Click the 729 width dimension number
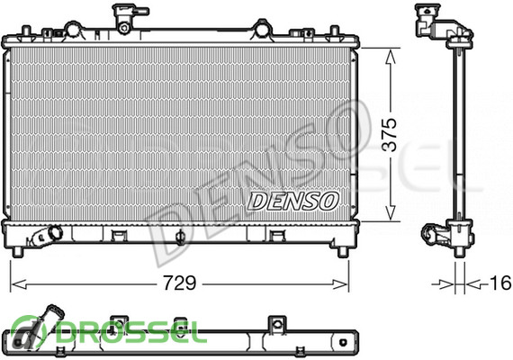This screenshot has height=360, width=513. [x=180, y=283]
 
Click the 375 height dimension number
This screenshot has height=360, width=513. [x=390, y=134]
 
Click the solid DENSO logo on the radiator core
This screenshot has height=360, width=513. [x=293, y=201]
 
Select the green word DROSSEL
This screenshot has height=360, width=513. [x=131, y=331]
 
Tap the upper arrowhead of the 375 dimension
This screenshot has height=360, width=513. [x=390, y=56]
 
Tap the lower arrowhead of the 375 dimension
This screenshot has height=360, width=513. [x=390, y=213]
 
